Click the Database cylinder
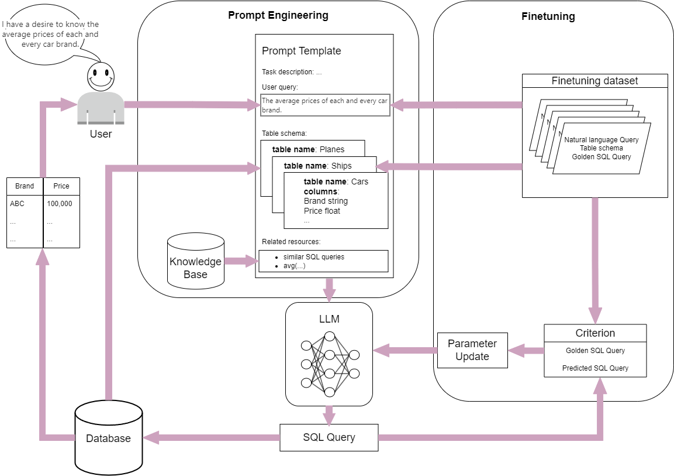[109, 438]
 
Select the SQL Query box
[329, 437]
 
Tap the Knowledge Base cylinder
[195, 262]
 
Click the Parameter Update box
[472, 350]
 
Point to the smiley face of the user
[101, 76]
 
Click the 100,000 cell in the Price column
[60, 204]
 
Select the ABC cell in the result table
[17, 204]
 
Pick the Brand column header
[25, 186]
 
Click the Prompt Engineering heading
[278, 15]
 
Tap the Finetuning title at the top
[548, 16]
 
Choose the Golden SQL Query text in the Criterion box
[595, 351]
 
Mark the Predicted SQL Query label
[595, 368]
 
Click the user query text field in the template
[325, 105]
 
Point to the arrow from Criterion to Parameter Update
[526, 351]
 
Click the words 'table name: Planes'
[308, 149]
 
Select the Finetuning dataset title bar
[594, 81]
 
